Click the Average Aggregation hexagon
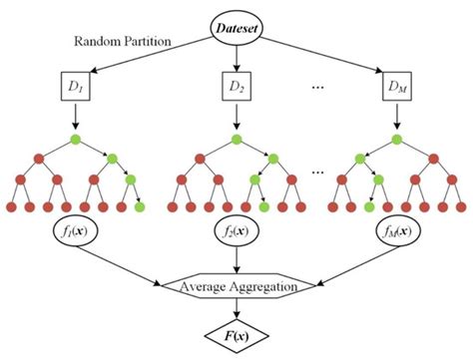pyautogui.click(x=237, y=288)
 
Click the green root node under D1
pyautogui.click(x=75, y=137)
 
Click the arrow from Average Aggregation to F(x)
pyautogui.click(x=237, y=308)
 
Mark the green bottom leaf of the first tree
pyautogui.click(x=137, y=206)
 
